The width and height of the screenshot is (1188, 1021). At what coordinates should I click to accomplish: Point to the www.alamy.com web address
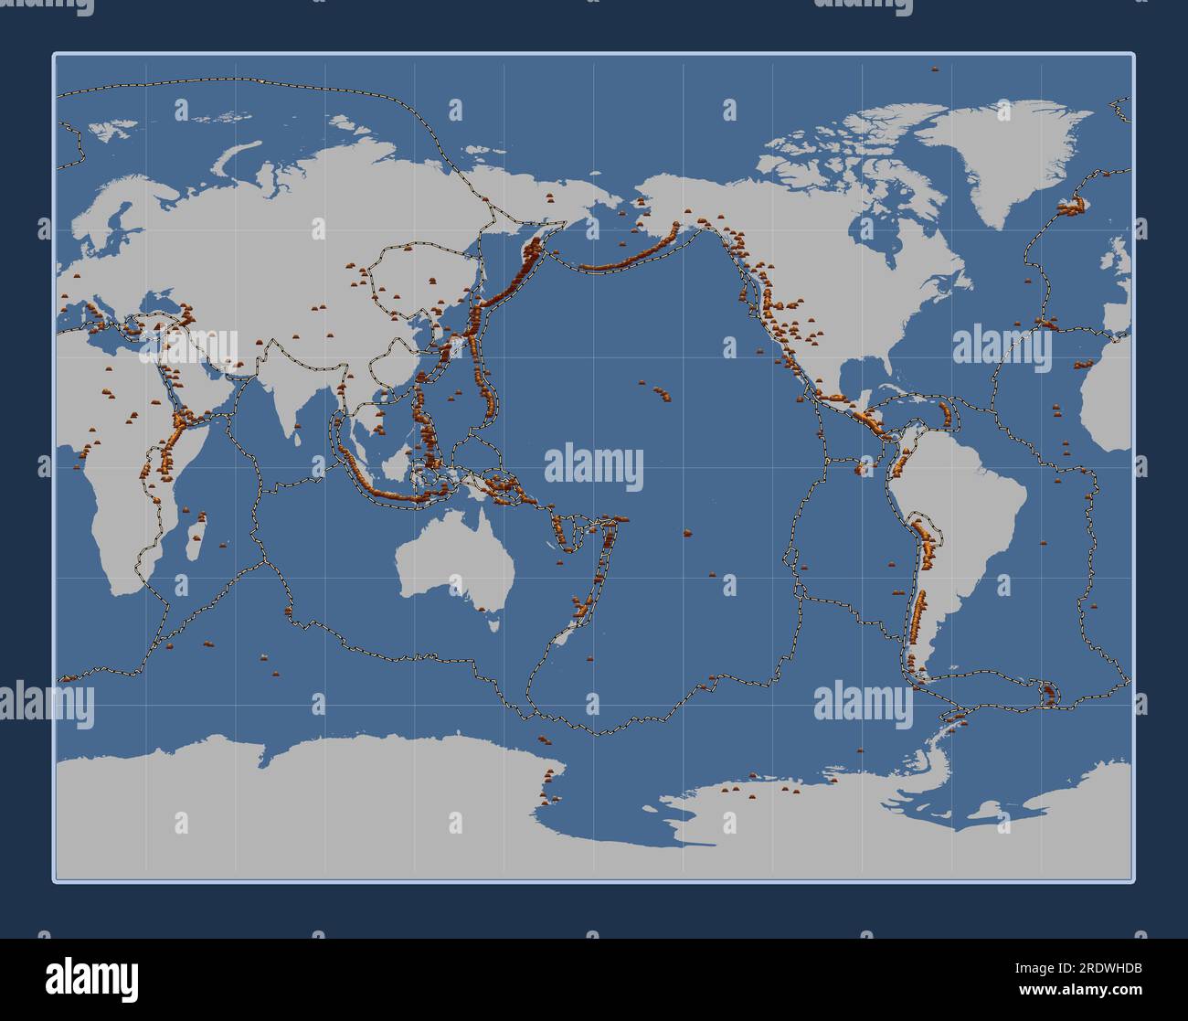tap(1075, 990)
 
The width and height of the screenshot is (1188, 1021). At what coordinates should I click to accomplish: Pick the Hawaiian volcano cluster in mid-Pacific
tap(661, 394)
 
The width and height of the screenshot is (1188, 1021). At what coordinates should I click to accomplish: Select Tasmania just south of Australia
tap(494, 624)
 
